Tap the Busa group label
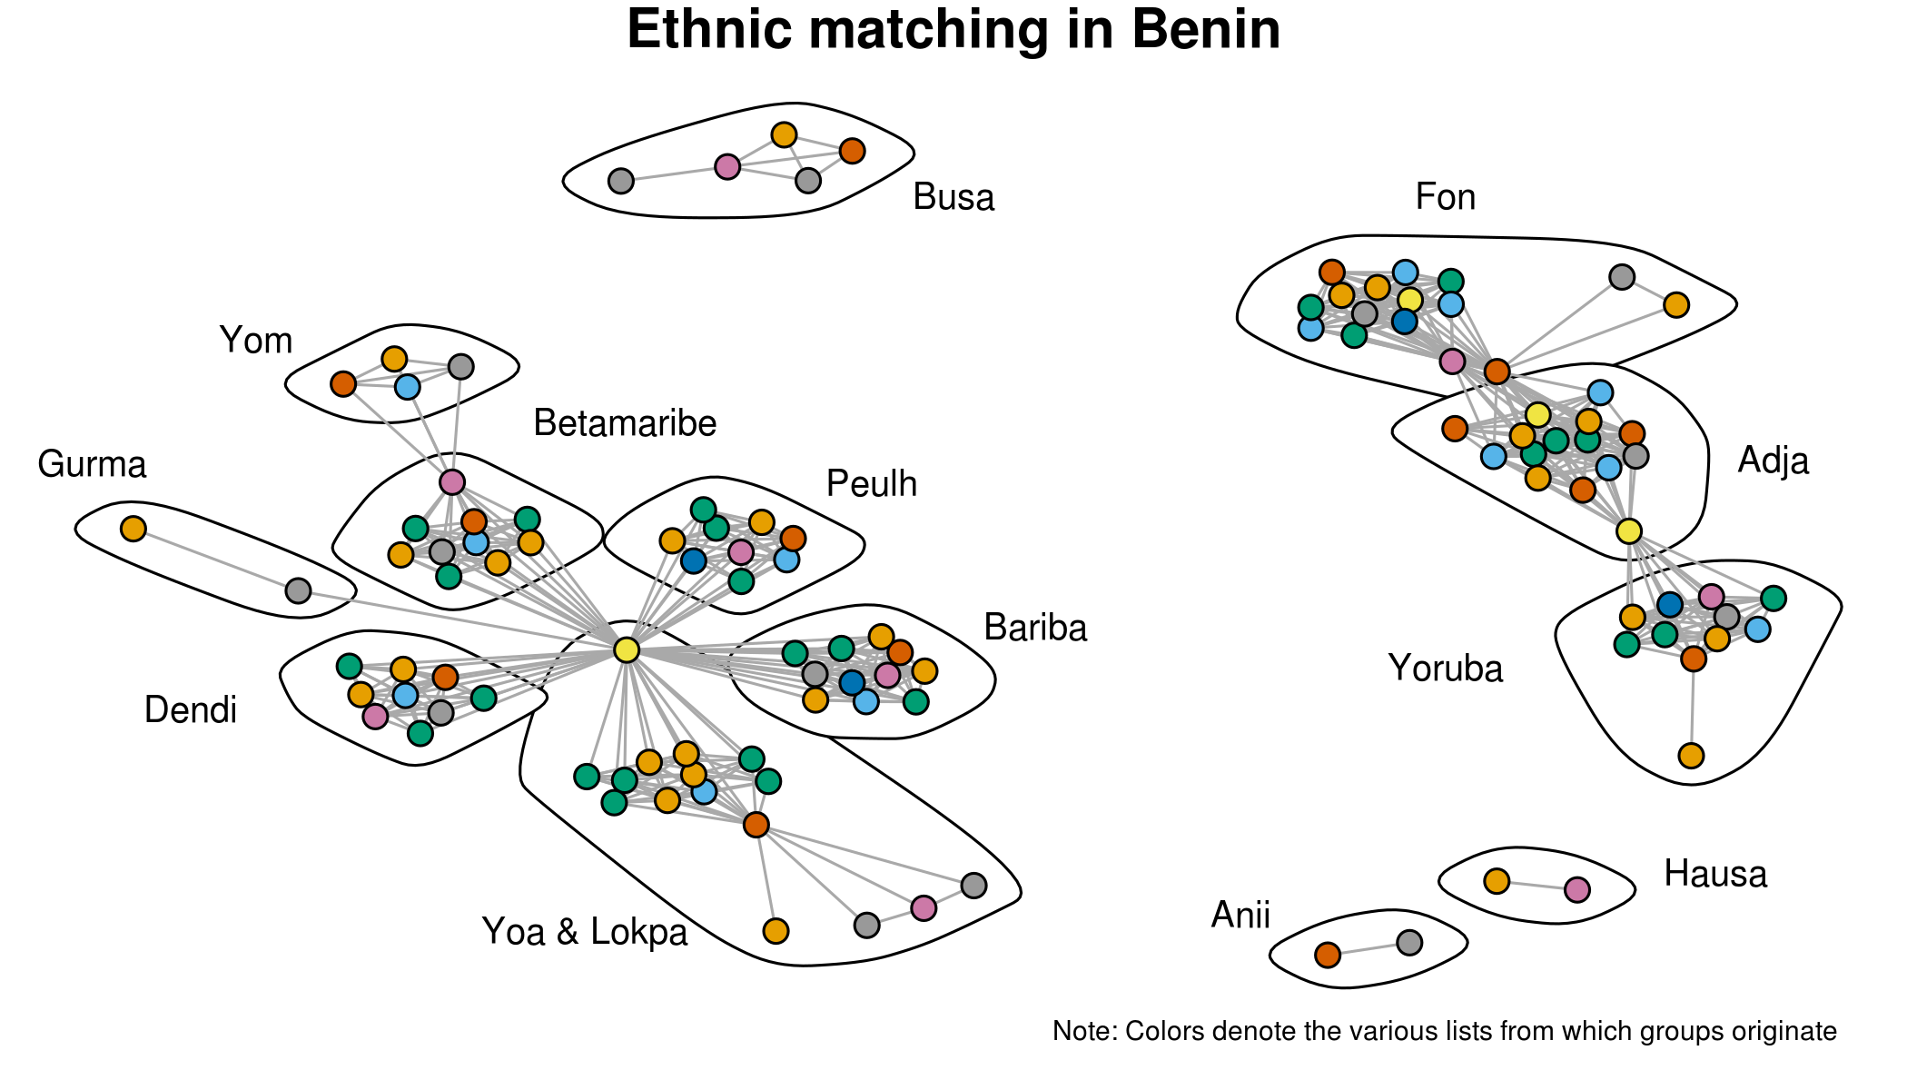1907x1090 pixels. [x=953, y=197]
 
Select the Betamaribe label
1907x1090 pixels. [x=625, y=423]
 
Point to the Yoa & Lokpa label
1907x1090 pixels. [x=585, y=932]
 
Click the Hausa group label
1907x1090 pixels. [x=1715, y=874]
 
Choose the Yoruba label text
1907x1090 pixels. [x=1446, y=669]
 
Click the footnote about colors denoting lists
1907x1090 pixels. [x=1444, y=1031]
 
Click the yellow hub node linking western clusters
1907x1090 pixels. [x=627, y=649]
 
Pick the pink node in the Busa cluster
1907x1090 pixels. [x=727, y=166]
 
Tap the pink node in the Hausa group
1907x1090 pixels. [x=1577, y=889]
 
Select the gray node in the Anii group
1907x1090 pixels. [x=1409, y=943]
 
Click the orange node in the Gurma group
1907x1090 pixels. [x=133, y=529]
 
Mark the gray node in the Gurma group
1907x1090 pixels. [x=298, y=591]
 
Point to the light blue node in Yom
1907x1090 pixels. [x=408, y=387]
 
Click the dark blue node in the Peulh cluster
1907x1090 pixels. [x=694, y=560]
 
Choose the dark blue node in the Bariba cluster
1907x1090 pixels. [x=852, y=682]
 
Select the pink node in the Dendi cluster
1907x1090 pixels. [x=375, y=717]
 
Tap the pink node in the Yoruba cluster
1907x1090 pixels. [x=1711, y=597]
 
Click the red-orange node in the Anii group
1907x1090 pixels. [x=1328, y=955]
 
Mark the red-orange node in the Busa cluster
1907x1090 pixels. [x=852, y=151]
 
